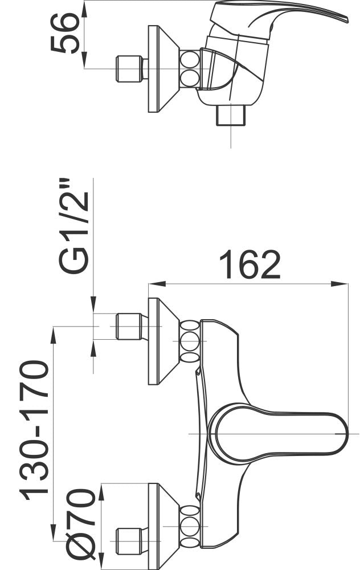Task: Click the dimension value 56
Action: click(x=66, y=33)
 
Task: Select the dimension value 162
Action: click(x=250, y=264)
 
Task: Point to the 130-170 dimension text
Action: click(x=34, y=430)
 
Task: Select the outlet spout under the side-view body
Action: click(x=231, y=115)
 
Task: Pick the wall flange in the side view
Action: click(x=163, y=69)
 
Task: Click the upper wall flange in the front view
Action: click(x=163, y=341)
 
